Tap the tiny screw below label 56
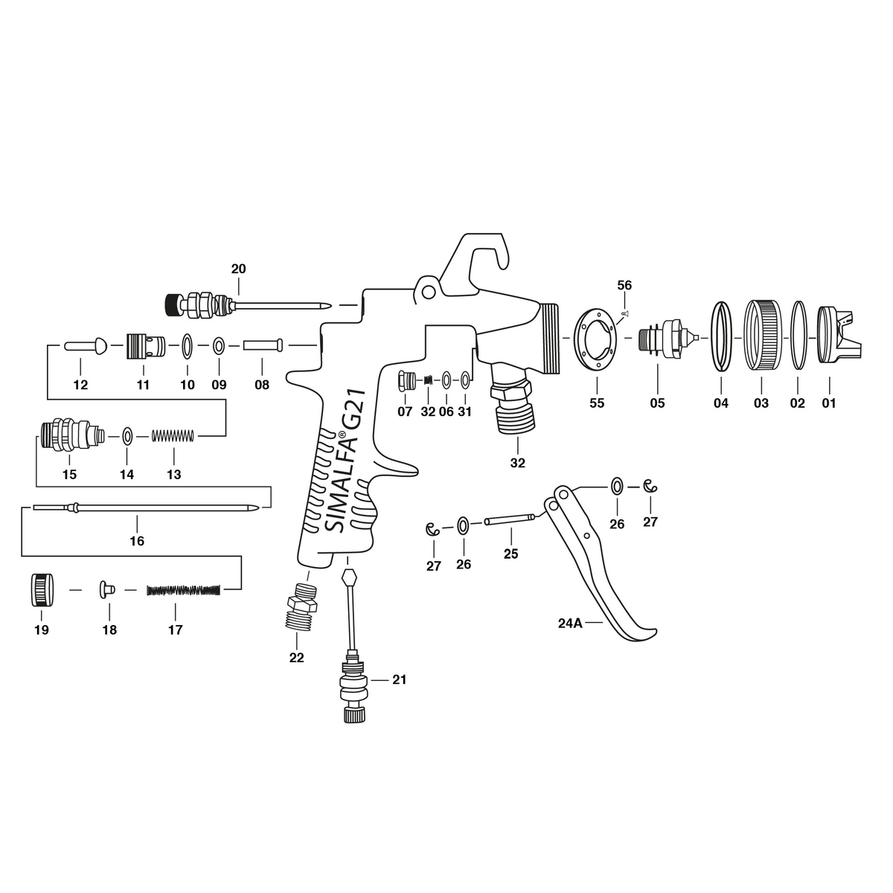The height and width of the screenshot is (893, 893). [x=624, y=314]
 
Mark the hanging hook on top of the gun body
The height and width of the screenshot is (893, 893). [x=484, y=257]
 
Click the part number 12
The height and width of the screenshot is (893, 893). [x=80, y=385]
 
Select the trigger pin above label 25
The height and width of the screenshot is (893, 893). [x=509, y=520]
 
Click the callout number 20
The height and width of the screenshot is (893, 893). [x=238, y=269]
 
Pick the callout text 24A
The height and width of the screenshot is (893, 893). [x=569, y=624]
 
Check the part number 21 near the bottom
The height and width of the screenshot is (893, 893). [x=400, y=679]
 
